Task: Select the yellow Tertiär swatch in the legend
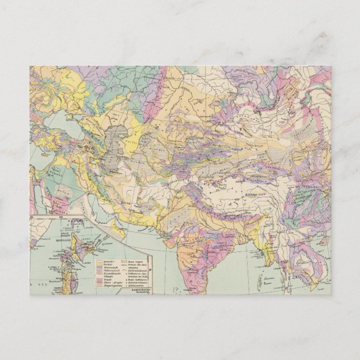click(x=100, y=264)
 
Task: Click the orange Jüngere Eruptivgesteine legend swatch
click(x=100, y=286)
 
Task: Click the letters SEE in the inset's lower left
click(x=42, y=285)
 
